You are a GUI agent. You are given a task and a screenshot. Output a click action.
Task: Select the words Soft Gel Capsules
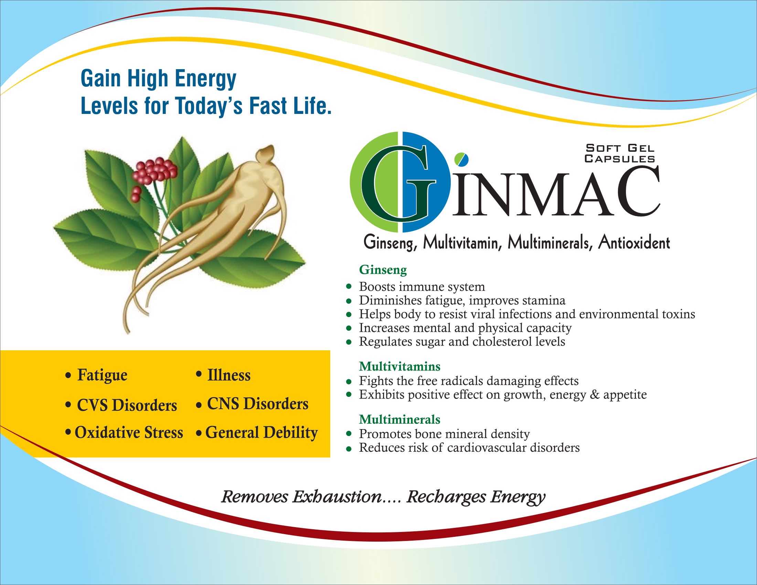(x=620, y=153)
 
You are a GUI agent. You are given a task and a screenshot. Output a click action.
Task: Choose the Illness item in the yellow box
(x=229, y=375)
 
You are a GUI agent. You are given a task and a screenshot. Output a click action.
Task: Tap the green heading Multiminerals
(x=399, y=419)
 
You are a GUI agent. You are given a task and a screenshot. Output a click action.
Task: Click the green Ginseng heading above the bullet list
(x=383, y=270)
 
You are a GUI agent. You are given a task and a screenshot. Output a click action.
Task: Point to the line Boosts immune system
(x=422, y=287)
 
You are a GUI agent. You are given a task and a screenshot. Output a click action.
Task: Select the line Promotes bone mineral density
(x=444, y=434)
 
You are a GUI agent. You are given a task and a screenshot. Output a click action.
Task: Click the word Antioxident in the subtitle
(x=634, y=243)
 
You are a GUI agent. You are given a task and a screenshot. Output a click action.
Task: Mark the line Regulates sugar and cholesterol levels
(x=462, y=342)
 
